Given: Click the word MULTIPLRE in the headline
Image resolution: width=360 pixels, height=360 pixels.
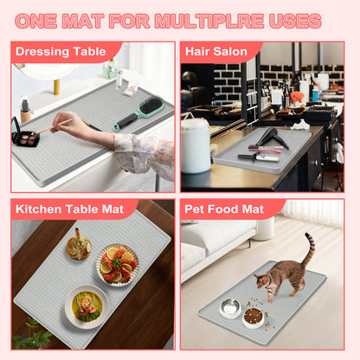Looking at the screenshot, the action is (x=209, y=21).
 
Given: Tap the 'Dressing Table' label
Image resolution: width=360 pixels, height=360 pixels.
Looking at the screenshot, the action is (x=61, y=51).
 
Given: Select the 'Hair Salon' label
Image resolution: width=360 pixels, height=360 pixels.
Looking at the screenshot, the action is (x=216, y=51).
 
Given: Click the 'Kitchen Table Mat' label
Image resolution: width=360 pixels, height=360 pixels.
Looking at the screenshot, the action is (x=69, y=209).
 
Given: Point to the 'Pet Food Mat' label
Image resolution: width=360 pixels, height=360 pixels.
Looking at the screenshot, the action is (x=224, y=209).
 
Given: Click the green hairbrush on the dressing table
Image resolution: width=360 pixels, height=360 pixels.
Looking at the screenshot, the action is (x=139, y=113).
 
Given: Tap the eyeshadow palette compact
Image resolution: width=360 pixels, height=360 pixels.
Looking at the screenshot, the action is (x=24, y=133).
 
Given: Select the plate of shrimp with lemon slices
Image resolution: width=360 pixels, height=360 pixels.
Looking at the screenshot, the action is (x=118, y=265).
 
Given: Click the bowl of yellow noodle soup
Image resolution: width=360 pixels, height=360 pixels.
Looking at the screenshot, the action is (x=87, y=307).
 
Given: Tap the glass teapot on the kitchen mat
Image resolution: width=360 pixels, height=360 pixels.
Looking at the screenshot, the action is (x=78, y=245).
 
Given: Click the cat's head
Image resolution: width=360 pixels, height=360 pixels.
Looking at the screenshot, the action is (x=261, y=280).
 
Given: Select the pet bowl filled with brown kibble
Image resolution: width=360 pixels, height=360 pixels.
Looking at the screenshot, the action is (x=253, y=317).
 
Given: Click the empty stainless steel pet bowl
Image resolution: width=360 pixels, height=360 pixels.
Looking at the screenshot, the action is (x=230, y=307).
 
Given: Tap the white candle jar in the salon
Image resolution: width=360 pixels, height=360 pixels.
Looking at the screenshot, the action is (x=196, y=145).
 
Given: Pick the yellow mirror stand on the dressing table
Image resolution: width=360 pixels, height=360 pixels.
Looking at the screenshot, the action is (x=56, y=87).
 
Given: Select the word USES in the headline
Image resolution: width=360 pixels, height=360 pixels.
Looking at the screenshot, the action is (x=295, y=21).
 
